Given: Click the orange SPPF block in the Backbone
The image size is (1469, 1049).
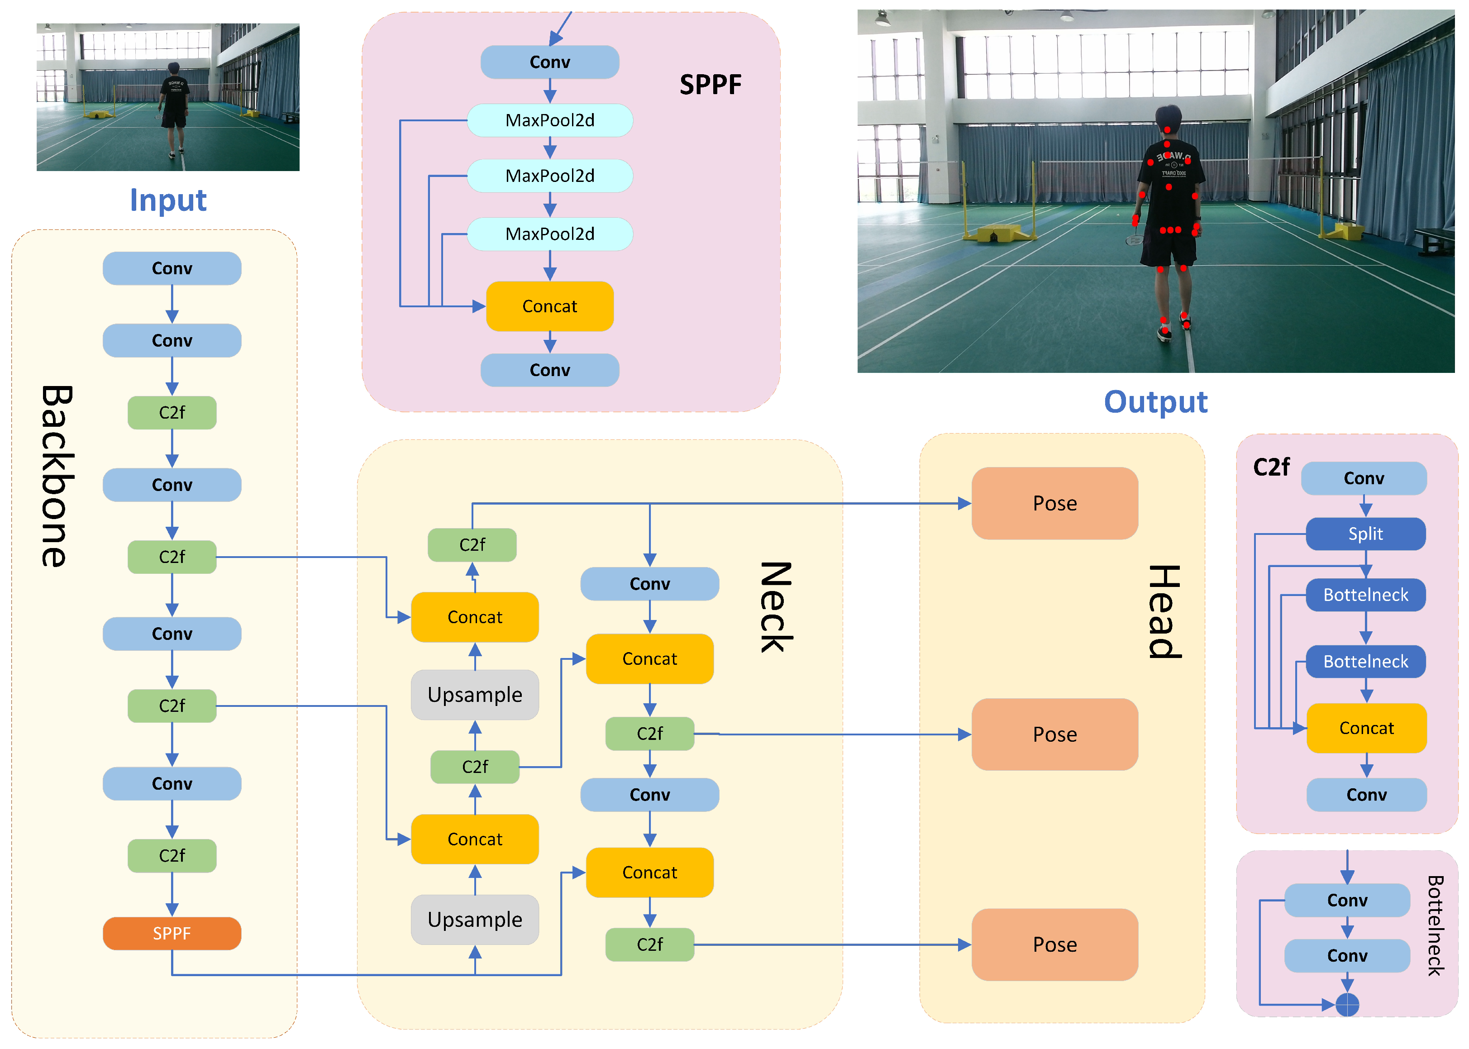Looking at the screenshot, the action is pyautogui.click(x=172, y=934).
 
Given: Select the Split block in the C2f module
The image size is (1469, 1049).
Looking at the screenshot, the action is pyautogui.click(x=1366, y=534).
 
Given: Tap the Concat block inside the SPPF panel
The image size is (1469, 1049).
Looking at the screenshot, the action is pyautogui.click(x=550, y=306).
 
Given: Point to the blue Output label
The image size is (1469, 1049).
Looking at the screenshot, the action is pyautogui.click(x=1156, y=402).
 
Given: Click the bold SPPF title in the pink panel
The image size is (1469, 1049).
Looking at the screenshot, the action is pyautogui.click(x=711, y=85).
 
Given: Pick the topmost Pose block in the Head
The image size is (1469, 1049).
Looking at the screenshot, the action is pyautogui.click(x=1055, y=503).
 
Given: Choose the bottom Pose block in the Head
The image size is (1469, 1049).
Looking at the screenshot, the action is pyautogui.click(x=1055, y=944).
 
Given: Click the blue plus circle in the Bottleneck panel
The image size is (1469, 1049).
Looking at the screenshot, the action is pyautogui.click(x=1347, y=1005).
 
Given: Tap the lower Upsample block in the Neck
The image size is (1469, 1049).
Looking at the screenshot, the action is pyautogui.click(x=475, y=919).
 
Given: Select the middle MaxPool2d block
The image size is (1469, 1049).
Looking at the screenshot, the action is pyautogui.click(x=550, y=176).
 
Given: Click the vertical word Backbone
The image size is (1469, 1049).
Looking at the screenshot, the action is pyautogui.click(x=57, y=476).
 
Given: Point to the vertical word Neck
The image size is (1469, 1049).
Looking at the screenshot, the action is pyautogui.click(x=775, y=607).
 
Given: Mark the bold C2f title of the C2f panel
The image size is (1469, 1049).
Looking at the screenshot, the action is pyautogui.click(x=1271, y=467).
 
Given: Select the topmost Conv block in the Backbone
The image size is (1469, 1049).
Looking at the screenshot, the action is pyautogui.click(x=172, y=268).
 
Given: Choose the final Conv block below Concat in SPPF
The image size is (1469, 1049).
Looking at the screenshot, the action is pyautogui.click(x=550, y=370).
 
